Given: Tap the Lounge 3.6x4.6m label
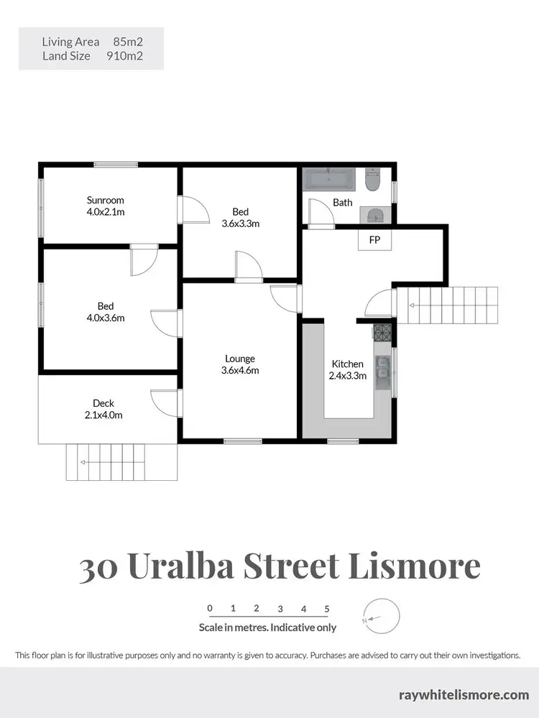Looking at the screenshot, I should point(240,364).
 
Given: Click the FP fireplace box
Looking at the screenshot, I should point(374,240).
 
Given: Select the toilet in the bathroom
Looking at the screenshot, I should point(372,180).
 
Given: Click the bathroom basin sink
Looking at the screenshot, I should point(374,213).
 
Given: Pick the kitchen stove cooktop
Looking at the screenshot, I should point(382,332).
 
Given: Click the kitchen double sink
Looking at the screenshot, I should point(384,367).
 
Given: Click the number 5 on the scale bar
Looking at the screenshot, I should point(327,608).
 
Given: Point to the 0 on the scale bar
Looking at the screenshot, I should point(210,608).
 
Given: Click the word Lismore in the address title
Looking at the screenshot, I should point(414,566).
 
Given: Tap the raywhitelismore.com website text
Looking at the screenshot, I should point(464,694).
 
